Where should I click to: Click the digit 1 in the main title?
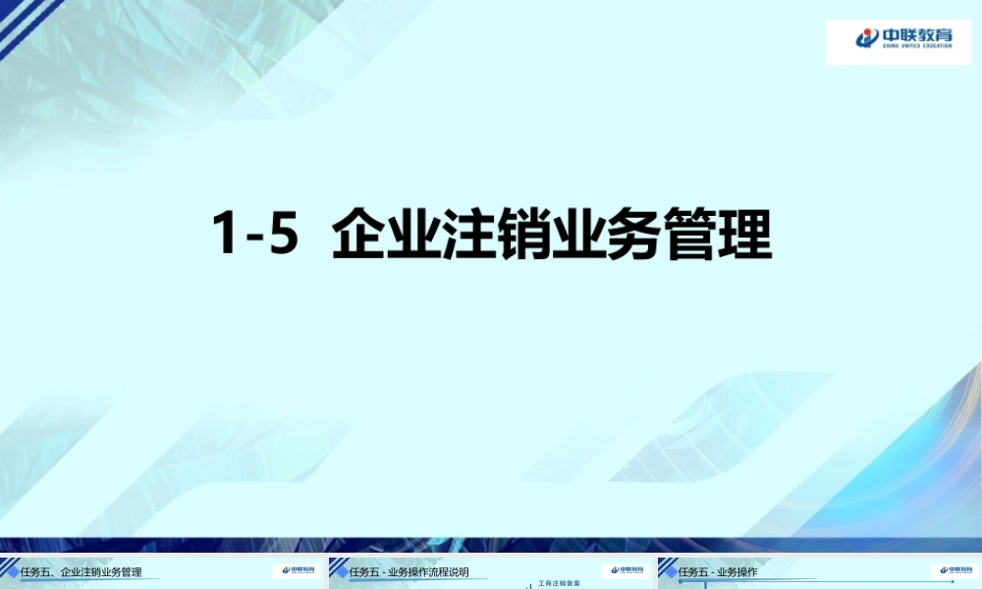coord(226,236)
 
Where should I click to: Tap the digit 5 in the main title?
coord(282,236)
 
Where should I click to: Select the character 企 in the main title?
coord(358,236)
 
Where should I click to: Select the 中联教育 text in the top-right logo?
coord(917,35)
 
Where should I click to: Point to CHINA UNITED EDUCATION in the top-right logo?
coord(917,46)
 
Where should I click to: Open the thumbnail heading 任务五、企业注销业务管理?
coord(81,571)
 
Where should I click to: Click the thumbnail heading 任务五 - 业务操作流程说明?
coord(408,571)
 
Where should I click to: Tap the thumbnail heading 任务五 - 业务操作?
coord(717,571)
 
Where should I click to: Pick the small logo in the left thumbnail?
coord(295,570)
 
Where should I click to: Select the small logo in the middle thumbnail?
coord(624,570)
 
